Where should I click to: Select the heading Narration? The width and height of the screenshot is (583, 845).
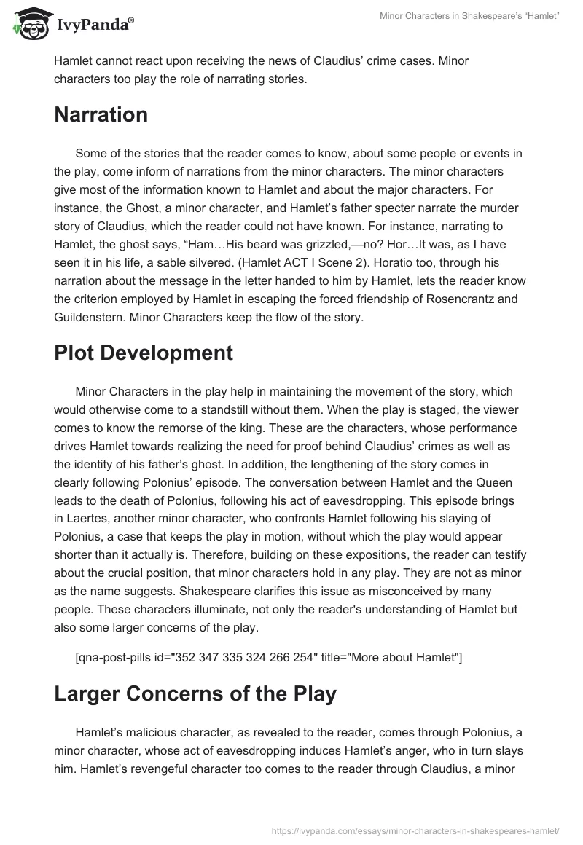coord(101,114)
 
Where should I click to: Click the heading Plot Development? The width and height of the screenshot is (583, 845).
coord(144,353)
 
